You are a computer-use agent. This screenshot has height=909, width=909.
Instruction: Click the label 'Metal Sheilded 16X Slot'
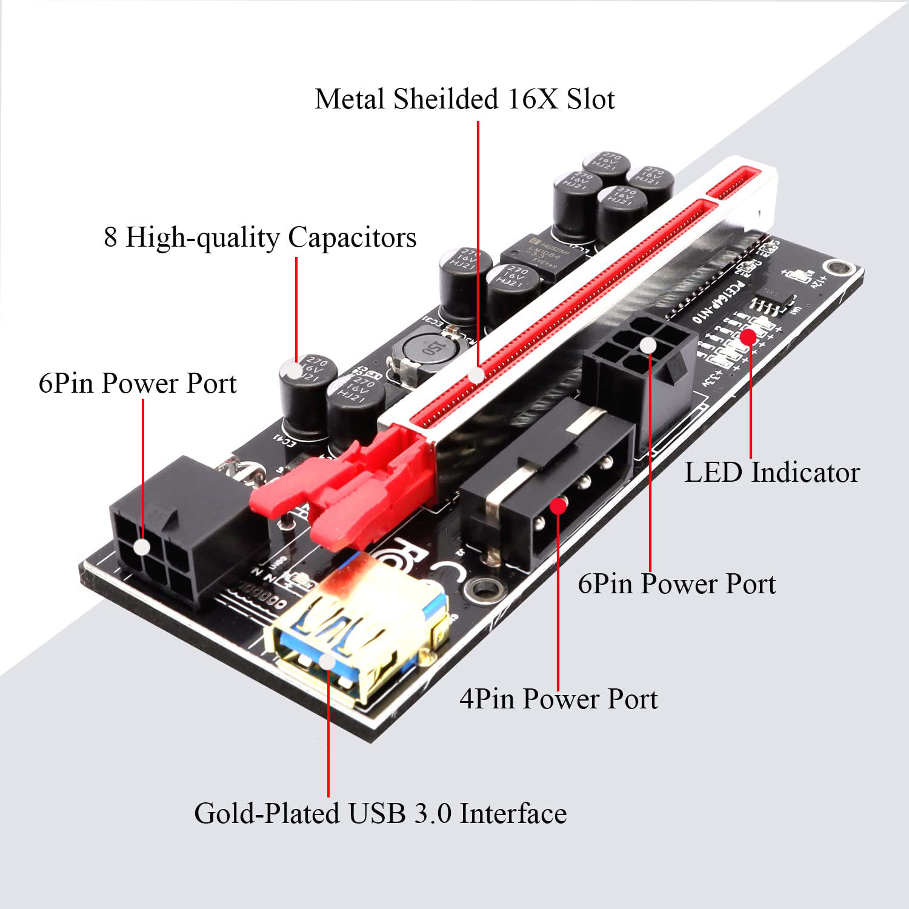pos(464,99)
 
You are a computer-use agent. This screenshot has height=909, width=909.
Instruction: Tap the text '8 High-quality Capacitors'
pos(260,237)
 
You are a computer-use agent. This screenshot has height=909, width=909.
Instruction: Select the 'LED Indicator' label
pos(771,473)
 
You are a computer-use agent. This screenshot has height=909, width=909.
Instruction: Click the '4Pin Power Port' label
pos(558,699)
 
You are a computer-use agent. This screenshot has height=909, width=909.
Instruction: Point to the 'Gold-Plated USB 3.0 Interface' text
pos(380,813)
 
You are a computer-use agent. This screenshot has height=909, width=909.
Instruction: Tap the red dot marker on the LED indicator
pos(749,336)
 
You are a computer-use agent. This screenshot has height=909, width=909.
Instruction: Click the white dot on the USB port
pos(327,661)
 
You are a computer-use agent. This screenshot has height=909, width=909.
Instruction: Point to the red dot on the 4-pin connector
pos(558,505)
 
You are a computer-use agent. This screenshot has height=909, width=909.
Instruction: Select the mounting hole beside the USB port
pos(484,587)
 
